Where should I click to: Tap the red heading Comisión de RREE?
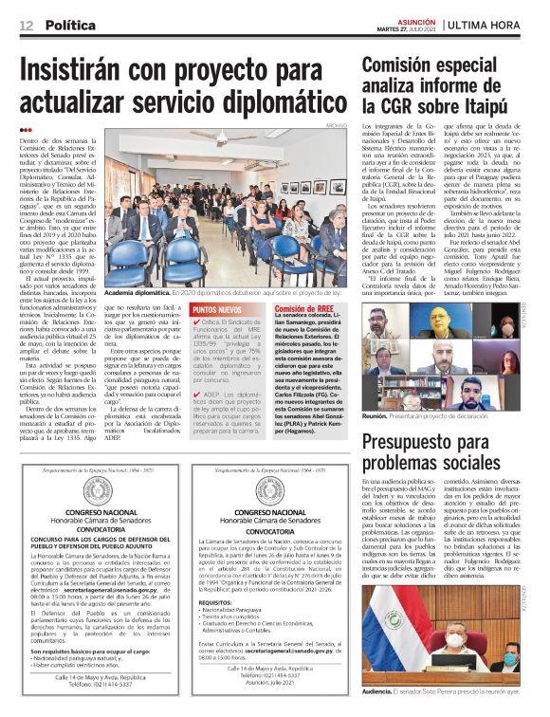[x=303, y=310]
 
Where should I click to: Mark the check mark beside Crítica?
[x=196, y=322]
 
